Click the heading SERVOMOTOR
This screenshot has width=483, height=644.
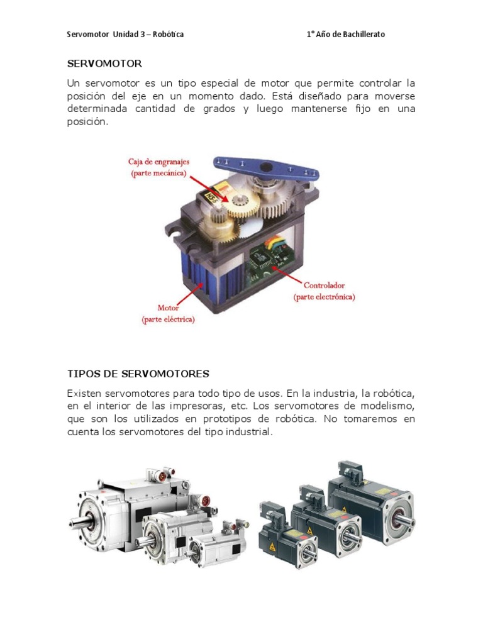(104, 64)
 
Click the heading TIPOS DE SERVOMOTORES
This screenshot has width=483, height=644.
(138, 374)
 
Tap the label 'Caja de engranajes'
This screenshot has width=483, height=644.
(159, 162)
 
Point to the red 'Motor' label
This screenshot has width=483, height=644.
(168, 308)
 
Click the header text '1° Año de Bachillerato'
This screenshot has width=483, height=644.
(346, 35)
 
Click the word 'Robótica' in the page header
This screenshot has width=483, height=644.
(169, 35)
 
